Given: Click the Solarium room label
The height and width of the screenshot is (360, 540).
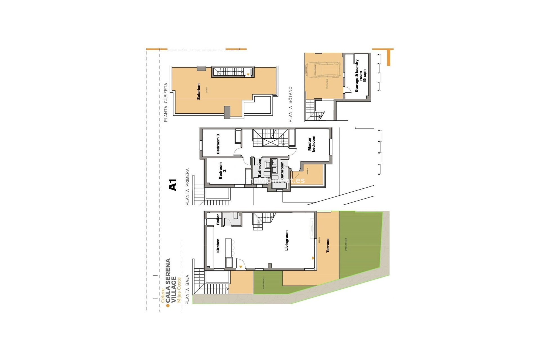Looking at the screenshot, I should point(199,91).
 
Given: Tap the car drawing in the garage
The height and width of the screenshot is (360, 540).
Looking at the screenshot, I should point(323,70).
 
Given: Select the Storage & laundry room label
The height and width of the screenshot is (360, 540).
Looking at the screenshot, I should point(360,76).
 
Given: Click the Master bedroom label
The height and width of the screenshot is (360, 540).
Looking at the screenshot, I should point(311,144).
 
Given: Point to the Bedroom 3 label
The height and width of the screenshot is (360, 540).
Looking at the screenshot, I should point(218,144).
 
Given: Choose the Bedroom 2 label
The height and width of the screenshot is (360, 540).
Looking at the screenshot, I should point(222,170).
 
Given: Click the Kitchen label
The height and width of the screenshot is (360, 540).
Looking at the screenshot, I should point(218,246).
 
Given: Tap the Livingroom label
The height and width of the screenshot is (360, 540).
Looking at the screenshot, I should point(287,240).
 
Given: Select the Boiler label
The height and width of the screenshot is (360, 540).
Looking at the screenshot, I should point(218,219).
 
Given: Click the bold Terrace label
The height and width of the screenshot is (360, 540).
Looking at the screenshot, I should point(328,246).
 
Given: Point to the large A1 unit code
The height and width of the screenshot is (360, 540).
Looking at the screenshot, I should point(172,185).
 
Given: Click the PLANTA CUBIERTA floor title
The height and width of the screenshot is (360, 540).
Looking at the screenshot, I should point(166,102).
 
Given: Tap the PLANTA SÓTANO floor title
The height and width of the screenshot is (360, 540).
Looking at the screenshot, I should point(291,104).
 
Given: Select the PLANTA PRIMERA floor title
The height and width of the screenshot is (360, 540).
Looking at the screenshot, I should point(187,187).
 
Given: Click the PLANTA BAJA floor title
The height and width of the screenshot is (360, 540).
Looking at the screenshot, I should point(187,289).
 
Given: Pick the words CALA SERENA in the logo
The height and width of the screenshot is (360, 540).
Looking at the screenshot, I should point(168,281).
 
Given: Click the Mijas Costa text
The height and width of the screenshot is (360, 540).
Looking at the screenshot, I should point(179,290).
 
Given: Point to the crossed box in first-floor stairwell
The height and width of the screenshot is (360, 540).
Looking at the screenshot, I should point(270,142).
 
